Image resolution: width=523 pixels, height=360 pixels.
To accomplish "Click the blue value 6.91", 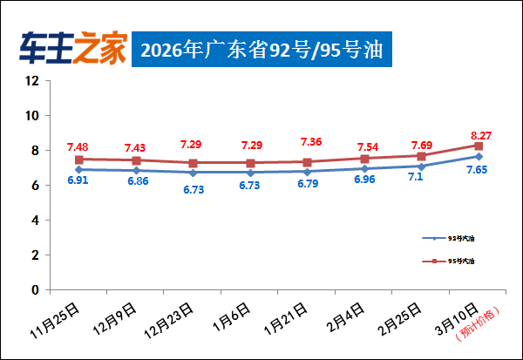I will (79, 180).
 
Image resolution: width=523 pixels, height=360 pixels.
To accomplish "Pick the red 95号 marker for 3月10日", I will (479, 146).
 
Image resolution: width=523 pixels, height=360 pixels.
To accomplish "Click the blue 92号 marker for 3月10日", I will (479, 156).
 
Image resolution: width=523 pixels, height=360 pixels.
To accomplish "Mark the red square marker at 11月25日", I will (79, 160).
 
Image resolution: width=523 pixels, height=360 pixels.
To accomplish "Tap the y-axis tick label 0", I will (36, 289).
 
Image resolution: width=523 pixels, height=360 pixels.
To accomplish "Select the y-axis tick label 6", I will (36, 186).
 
